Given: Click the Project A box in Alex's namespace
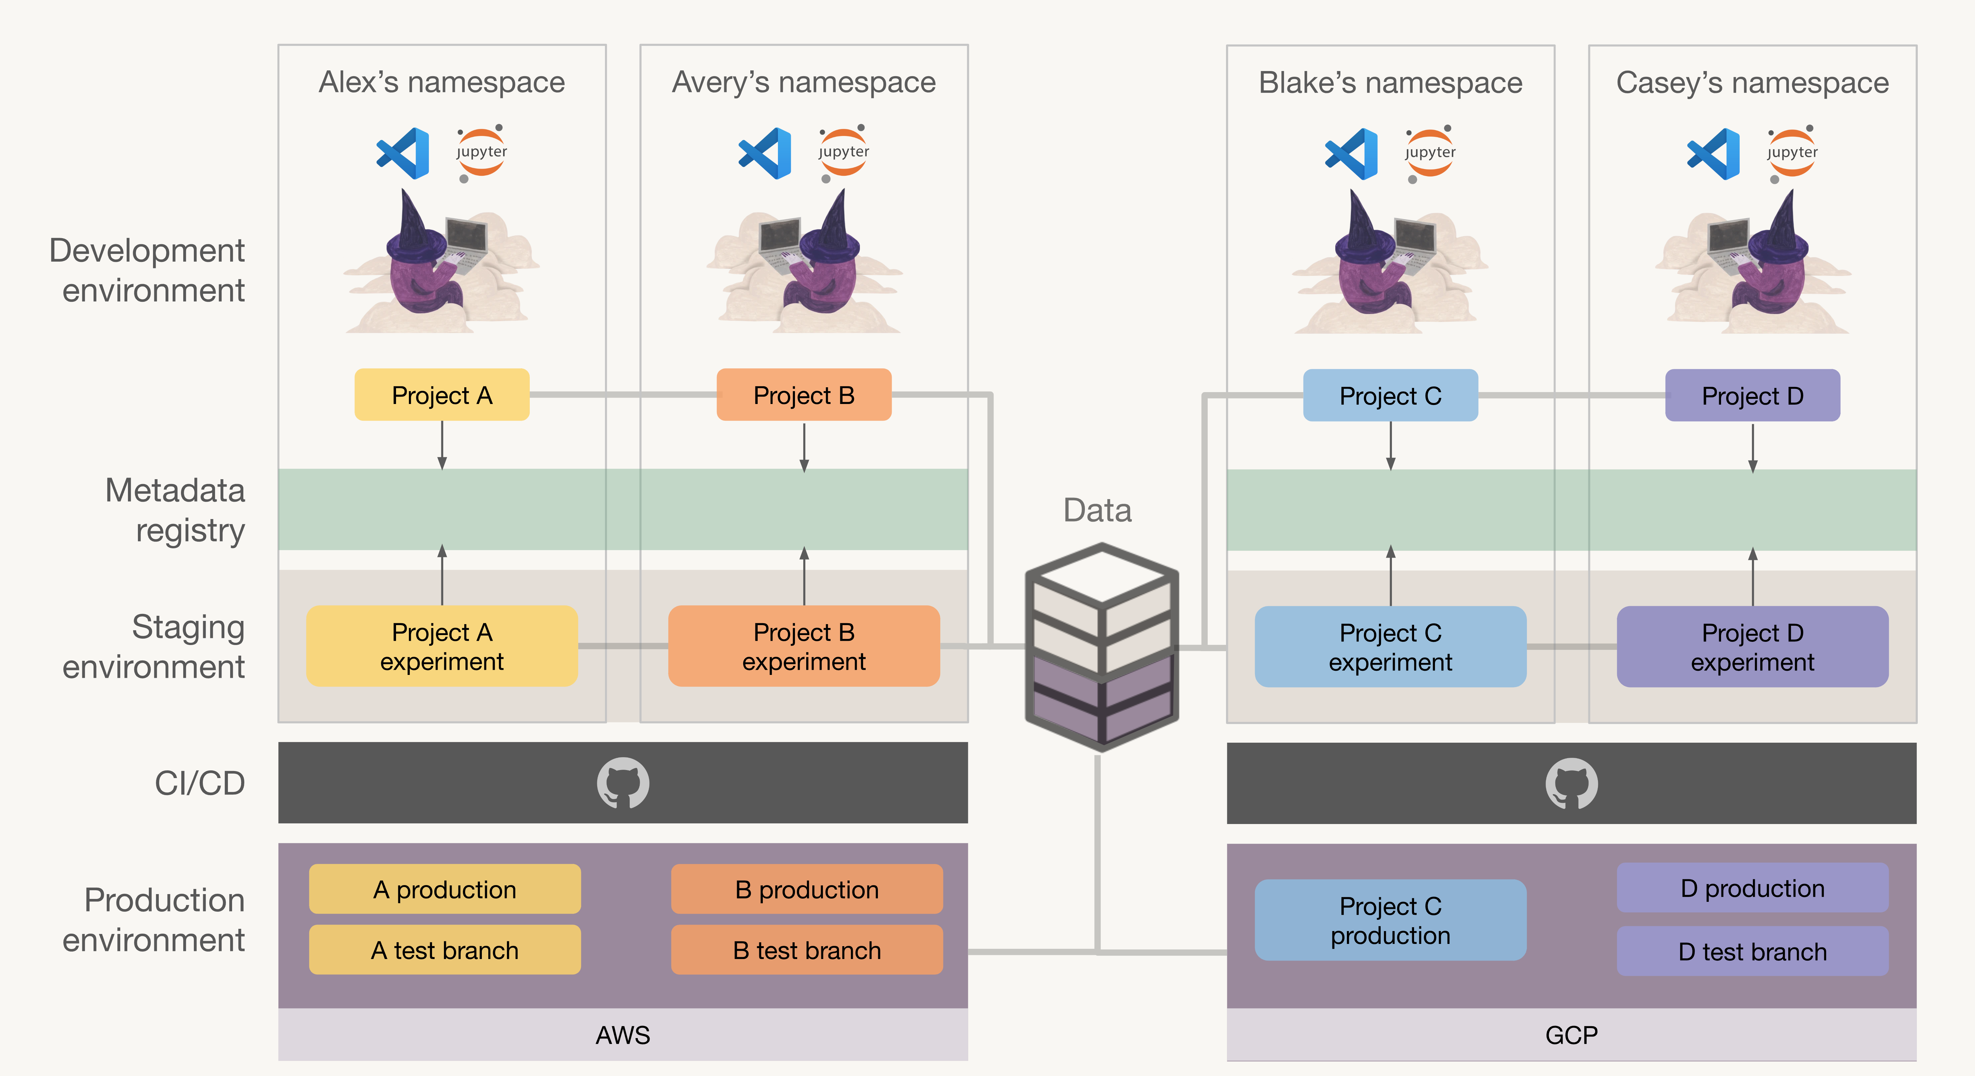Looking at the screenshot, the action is point(442,395).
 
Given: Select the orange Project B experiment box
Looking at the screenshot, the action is point(804,646).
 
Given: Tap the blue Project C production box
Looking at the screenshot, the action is point(1390,920).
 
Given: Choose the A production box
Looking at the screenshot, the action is point(445,889).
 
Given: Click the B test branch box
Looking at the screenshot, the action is point(807,950).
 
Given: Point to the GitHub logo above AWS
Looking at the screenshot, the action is point(623,783).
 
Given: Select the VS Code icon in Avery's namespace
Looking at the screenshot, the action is point(764,153).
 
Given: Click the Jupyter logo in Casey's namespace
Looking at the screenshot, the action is point(1792,153).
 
